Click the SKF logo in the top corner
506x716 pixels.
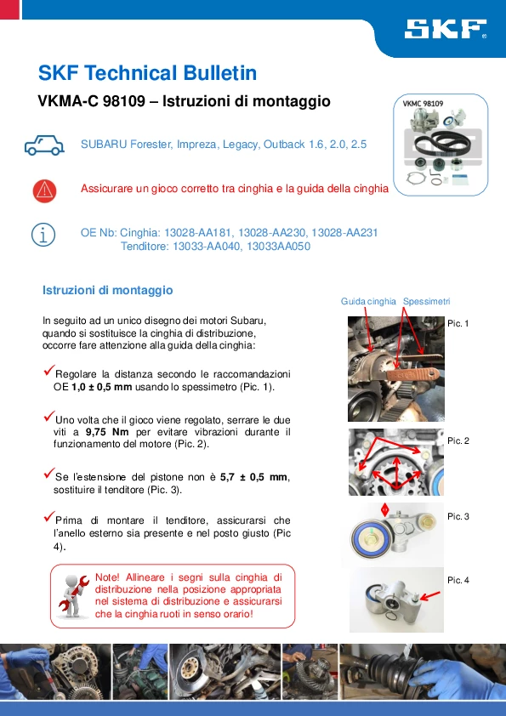[x=446, y=28]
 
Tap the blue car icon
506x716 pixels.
[x=44, y=145]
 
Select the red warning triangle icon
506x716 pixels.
[x=44, y=190]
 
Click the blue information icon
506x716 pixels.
[x=43, y=236]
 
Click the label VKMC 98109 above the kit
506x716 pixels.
[x=423, y=104]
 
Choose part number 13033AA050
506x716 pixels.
[x=279, y=246]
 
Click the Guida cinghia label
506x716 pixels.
[x=368, y=301]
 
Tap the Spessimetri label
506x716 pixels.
[x=427, y=301]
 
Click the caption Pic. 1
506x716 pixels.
[x=458, y=323]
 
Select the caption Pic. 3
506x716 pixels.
[x=458, y=516]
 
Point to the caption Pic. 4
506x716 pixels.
[x=458, y=581]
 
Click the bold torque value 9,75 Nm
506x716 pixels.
[x=107, y=432]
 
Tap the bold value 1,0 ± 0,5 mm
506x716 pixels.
[x=102, y=387]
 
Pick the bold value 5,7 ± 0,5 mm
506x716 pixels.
[x=254, y=477]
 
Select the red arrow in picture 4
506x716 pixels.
[x=430, y=595]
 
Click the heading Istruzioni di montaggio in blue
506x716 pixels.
[x=108, y=291]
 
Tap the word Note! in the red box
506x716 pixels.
[x=107, y=577]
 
